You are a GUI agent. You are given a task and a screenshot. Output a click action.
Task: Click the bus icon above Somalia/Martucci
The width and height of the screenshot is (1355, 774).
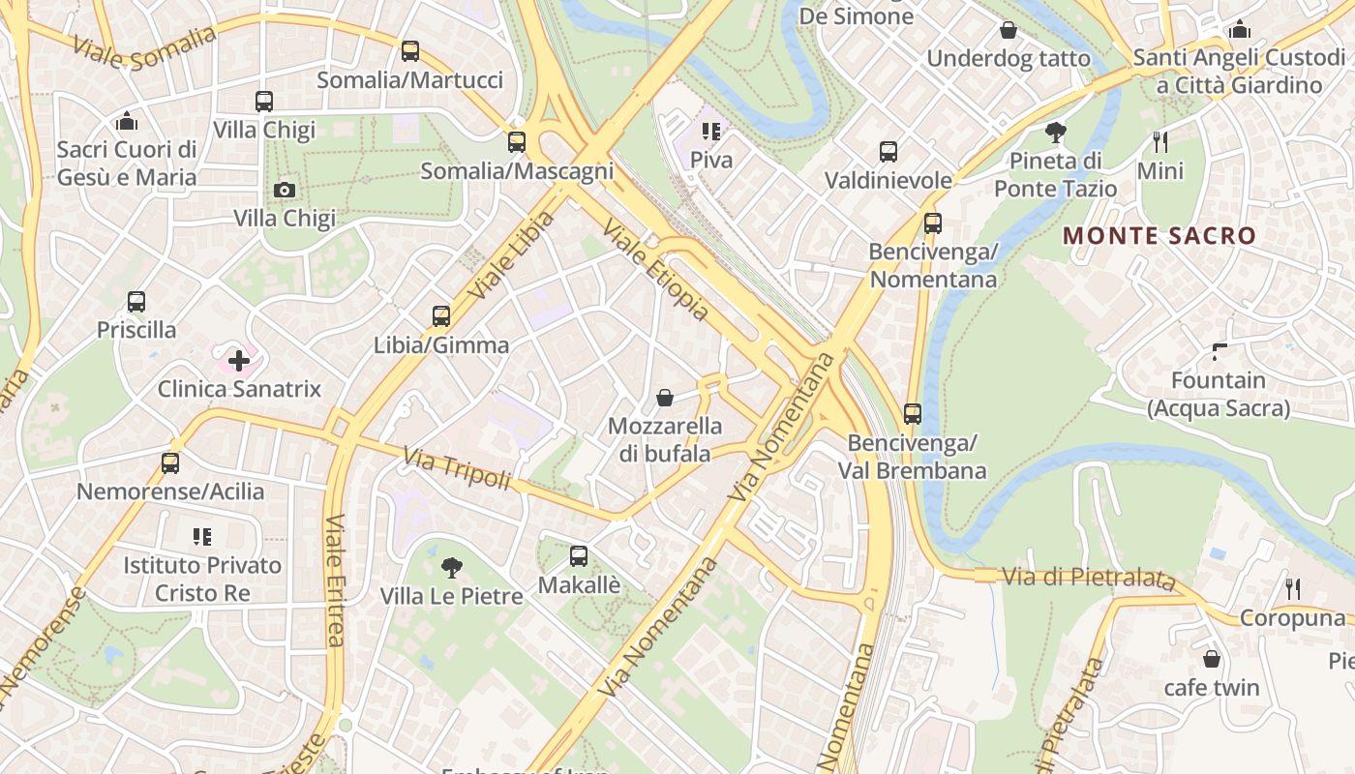410,51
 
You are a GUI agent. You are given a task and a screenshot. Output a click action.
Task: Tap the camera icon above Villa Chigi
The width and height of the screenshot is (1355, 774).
285,190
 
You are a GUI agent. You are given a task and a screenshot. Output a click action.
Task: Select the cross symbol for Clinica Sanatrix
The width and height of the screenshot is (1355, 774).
239,362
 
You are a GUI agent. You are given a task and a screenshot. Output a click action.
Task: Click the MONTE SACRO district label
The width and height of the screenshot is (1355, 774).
1159,235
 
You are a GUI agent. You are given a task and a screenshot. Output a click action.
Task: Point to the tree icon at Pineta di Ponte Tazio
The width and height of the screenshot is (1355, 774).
1056,133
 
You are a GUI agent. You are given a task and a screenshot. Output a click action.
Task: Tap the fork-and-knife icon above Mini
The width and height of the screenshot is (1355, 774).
1160,143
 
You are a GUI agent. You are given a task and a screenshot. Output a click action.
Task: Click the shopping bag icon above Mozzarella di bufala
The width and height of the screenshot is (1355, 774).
665,398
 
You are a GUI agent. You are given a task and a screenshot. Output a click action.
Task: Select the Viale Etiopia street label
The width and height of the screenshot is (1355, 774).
655,270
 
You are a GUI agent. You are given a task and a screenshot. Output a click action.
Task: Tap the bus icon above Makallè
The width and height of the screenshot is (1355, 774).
579,556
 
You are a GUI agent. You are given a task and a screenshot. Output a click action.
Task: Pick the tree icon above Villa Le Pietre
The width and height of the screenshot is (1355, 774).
451,568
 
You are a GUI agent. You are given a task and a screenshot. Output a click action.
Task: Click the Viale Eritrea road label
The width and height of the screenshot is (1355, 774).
335,580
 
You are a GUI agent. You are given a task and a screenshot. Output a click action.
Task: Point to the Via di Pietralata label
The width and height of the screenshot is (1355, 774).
1088,578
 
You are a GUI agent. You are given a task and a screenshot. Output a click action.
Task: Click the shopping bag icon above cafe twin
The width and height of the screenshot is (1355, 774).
1211,660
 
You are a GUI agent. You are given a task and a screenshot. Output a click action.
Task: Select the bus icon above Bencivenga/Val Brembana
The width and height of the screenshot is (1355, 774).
912,414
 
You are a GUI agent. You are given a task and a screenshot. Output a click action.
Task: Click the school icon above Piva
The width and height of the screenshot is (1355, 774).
711,132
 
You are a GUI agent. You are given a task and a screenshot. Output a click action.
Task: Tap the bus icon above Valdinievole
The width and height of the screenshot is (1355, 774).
888,152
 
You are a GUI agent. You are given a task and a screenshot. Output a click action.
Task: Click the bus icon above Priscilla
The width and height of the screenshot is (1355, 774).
136,302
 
